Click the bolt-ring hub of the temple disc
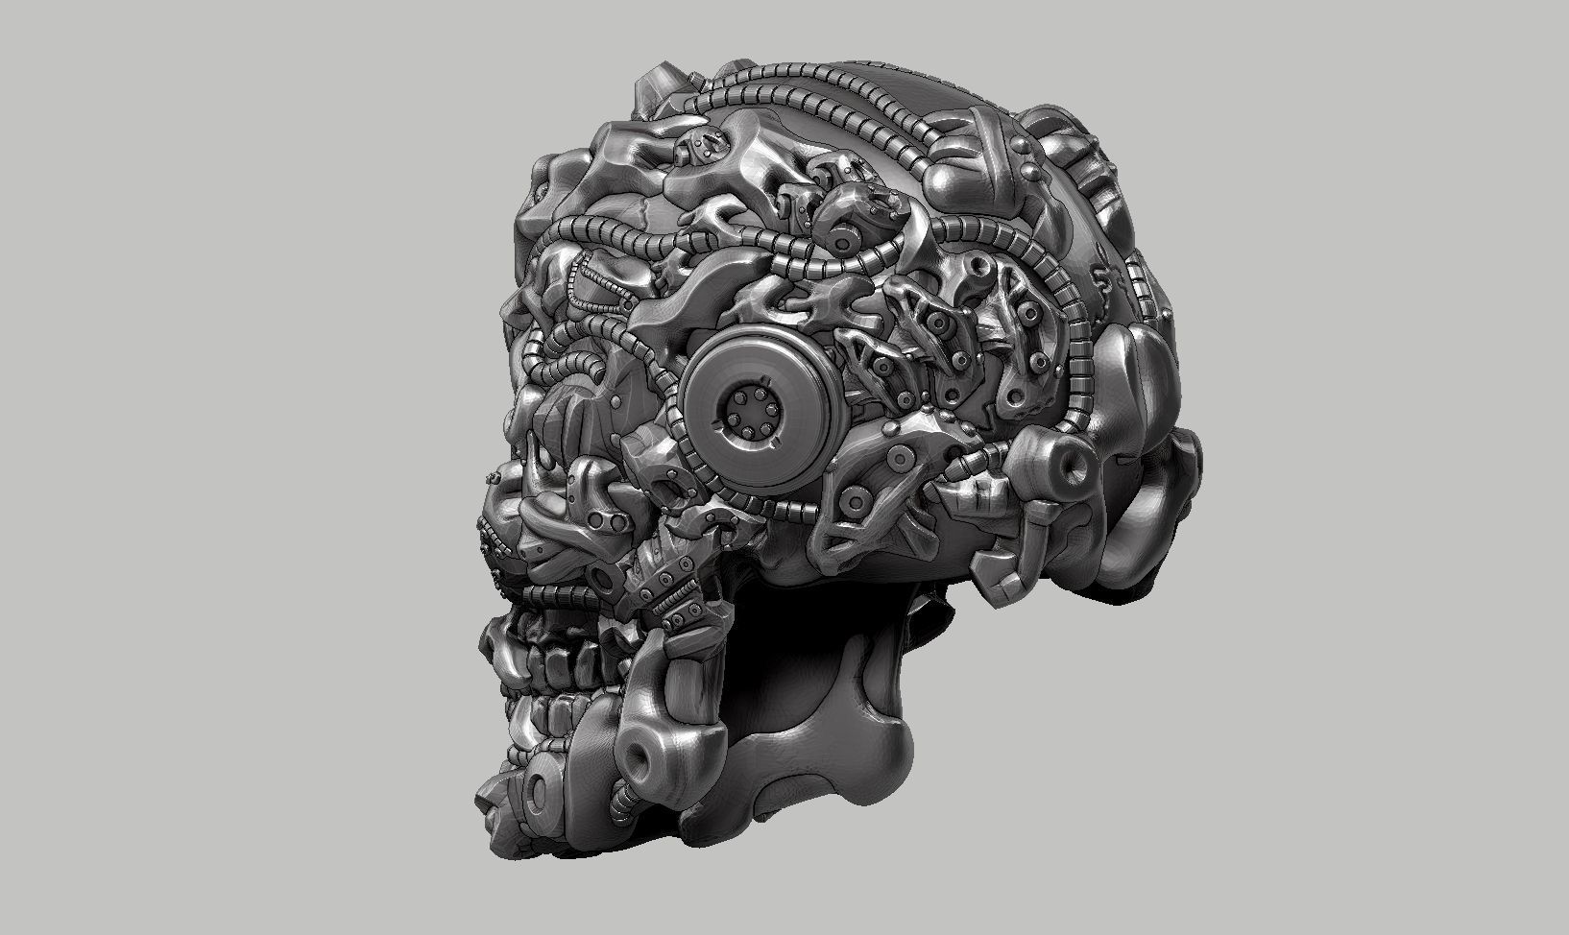(x=748, y=417)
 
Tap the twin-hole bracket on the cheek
(x=602, y=519)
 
